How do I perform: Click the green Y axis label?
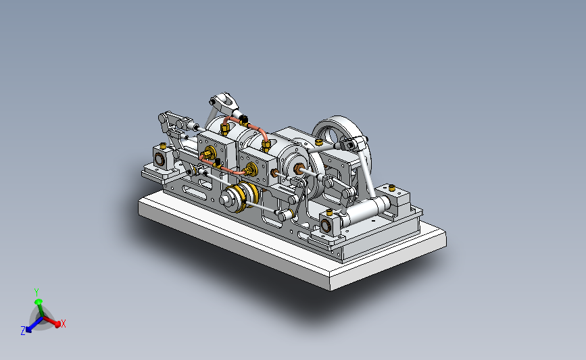pos(36,292)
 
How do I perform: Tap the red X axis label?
pos(64,324)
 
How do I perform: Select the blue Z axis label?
pos(23,330)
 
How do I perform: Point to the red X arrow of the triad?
pos(51,321)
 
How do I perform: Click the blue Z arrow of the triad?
pos(34,325)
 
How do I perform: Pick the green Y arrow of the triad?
pos(39,309)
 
